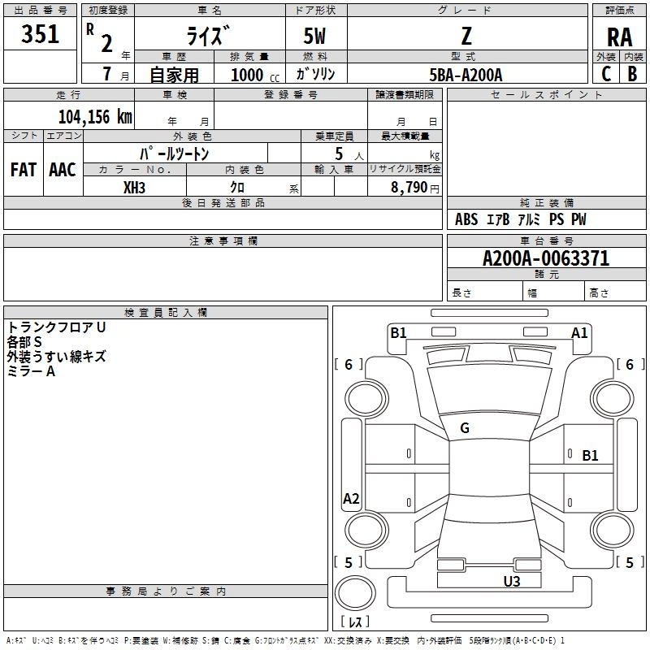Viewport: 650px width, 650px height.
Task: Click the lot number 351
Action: pos(41,34)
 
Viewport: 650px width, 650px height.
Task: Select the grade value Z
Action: pos(466,35)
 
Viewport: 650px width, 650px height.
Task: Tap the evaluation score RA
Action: pos(619,37)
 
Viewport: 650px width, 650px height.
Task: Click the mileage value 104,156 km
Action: pos(95,116)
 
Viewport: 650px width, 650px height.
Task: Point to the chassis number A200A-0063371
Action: pos(545,259)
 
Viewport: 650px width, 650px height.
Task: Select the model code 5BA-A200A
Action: pos(466,75)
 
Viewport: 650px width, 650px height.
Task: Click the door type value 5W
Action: pos(316,37)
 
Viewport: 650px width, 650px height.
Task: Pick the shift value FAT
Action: pos(24,169)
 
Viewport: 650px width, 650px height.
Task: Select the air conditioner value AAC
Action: pos(63,169)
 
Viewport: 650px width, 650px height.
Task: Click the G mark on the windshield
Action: pos(465,428)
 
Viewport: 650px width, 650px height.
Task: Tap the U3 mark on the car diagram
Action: pos(511,581)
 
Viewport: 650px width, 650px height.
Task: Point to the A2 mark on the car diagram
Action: pos(351,499)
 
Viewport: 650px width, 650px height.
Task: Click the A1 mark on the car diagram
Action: pos(579,332)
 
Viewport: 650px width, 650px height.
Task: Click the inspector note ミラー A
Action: pos(32,371)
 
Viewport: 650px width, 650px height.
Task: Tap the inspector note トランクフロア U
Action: pos(56,327)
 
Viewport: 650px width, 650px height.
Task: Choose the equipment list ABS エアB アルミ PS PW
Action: pos(520,219)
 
